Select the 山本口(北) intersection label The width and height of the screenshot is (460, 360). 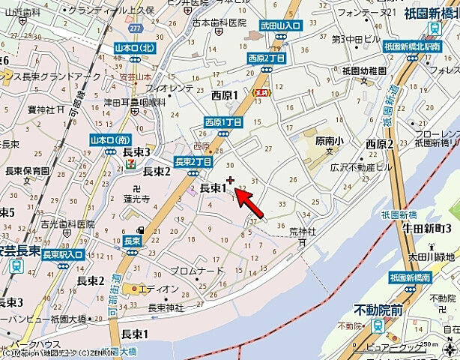pos(135,47)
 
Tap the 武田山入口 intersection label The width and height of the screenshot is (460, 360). pos(279,25)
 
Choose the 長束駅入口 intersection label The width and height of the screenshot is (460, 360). pos(61,255)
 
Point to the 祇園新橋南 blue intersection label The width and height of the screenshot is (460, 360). pos(411,278)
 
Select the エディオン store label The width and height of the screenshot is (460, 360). pos(158,289)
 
